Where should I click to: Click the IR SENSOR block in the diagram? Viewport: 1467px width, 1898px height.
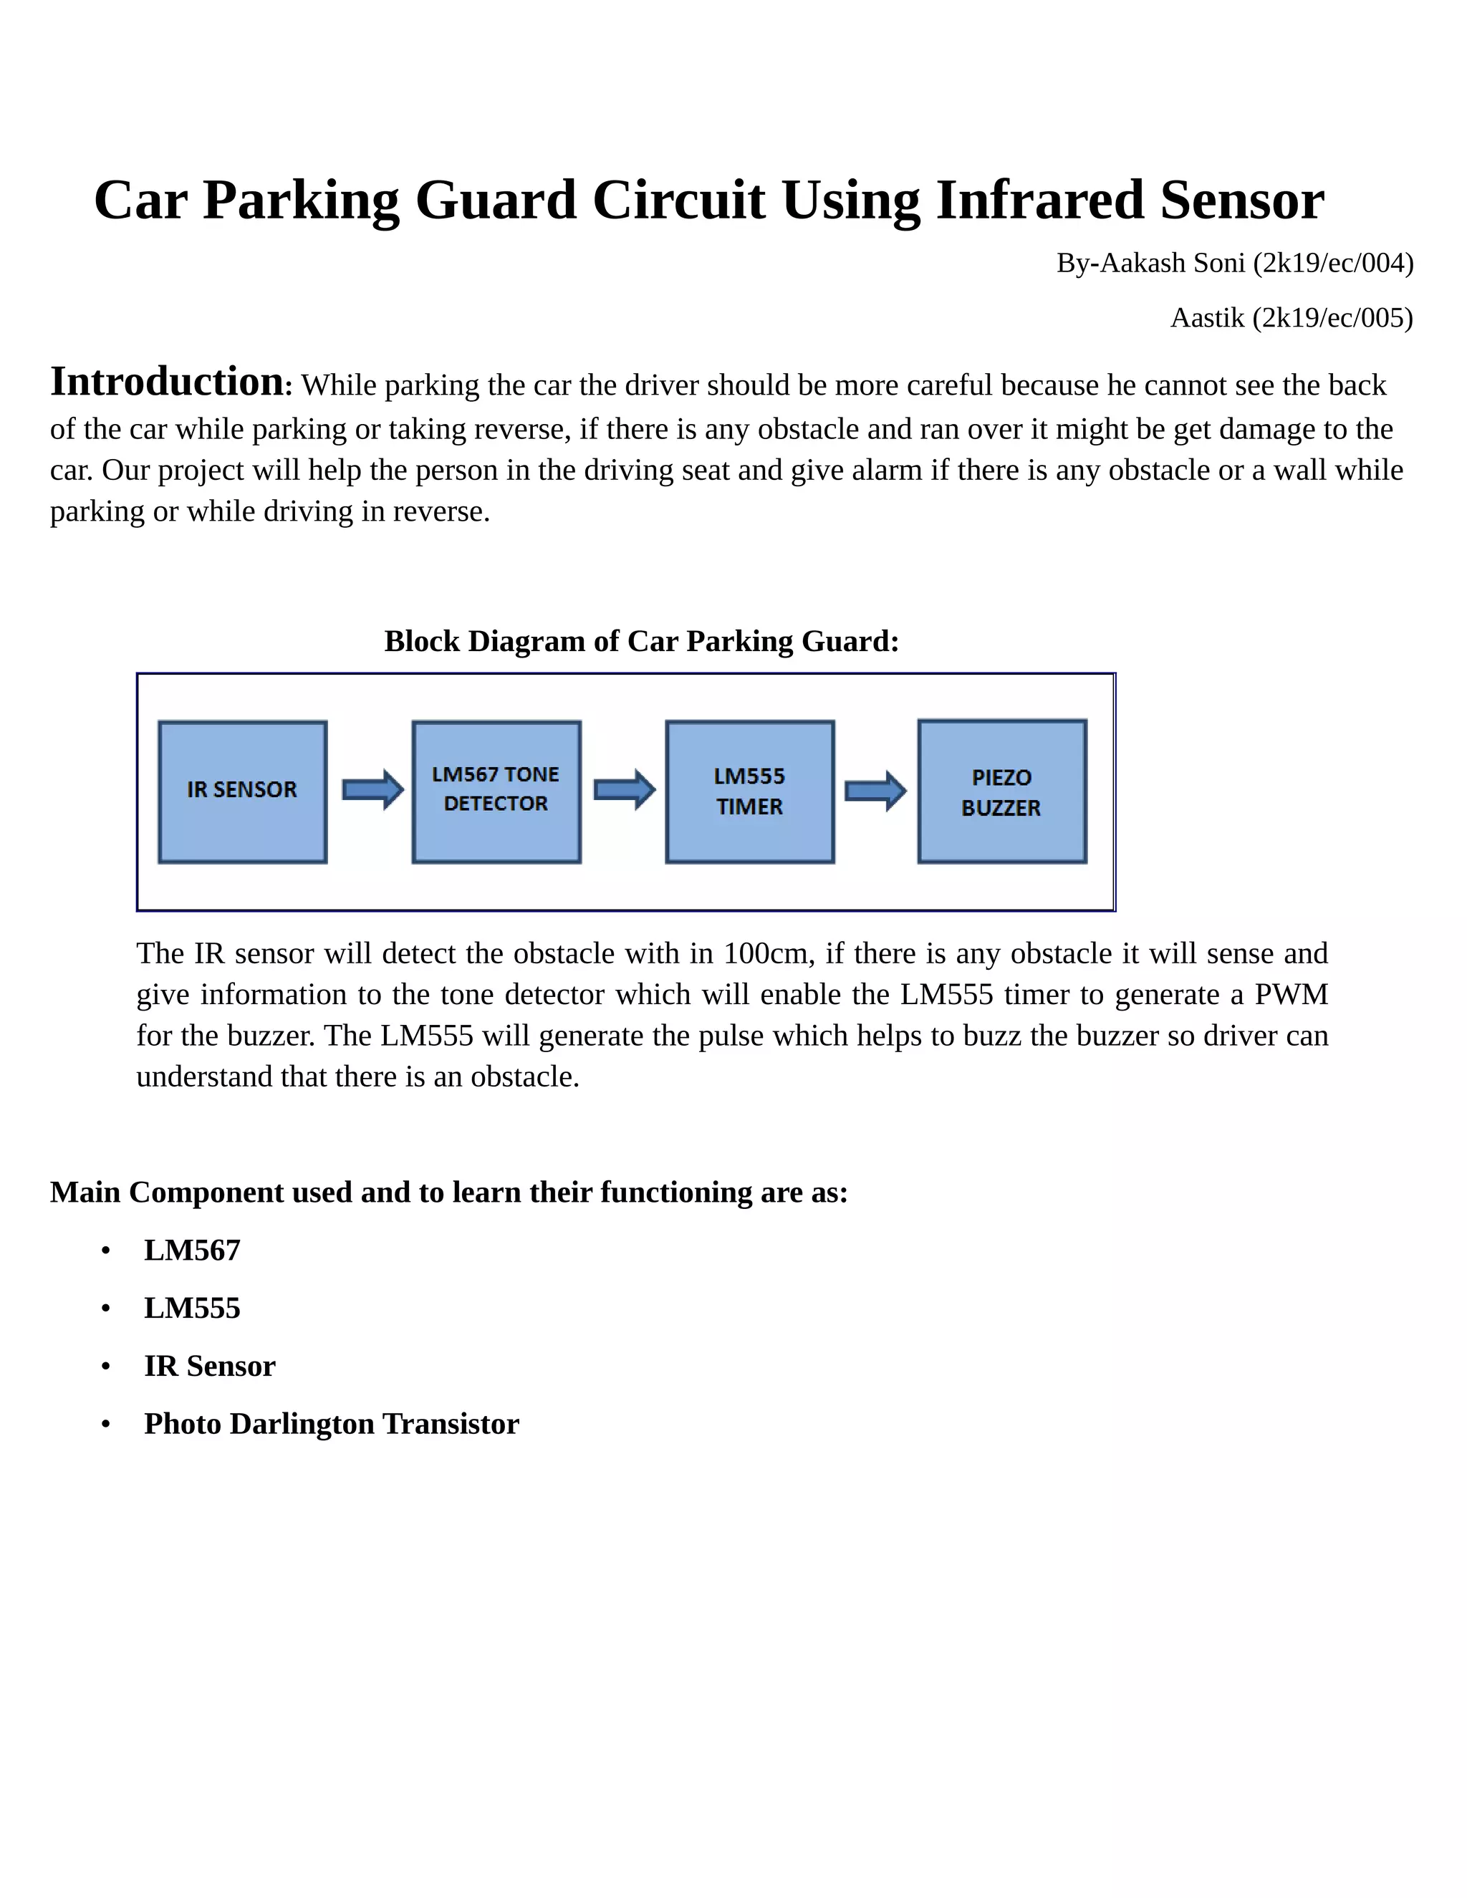click(x=243, y=791)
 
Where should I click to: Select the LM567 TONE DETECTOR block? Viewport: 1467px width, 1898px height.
click(x=496, y=791)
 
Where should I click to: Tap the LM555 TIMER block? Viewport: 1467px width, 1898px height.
click(x=749, y=791)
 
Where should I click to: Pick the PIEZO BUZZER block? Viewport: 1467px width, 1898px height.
click(x=1002, y=791)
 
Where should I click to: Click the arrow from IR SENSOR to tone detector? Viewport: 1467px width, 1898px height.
click(x=372, y=790)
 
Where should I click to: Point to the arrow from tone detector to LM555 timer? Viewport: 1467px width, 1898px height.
click(x=624, y=790)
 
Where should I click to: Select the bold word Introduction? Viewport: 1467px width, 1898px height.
click(x=167, y=382)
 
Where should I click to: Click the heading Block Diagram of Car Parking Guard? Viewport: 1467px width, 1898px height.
click(x=641, y=641)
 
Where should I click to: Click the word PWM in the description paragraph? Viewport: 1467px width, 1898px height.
click(x=1291, y=994)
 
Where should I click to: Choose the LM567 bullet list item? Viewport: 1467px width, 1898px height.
click(x=192, y=1251)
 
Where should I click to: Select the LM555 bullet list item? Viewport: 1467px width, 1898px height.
click(x=192, y=1308)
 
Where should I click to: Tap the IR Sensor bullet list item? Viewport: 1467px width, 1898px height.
click(x=209, y=1366)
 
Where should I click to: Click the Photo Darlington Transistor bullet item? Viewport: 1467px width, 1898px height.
click(x=331, y=1424)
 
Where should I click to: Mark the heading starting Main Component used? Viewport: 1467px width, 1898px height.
click(x=448, y=1193)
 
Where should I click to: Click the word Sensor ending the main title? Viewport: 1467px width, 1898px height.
click(x=1242, y=200)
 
